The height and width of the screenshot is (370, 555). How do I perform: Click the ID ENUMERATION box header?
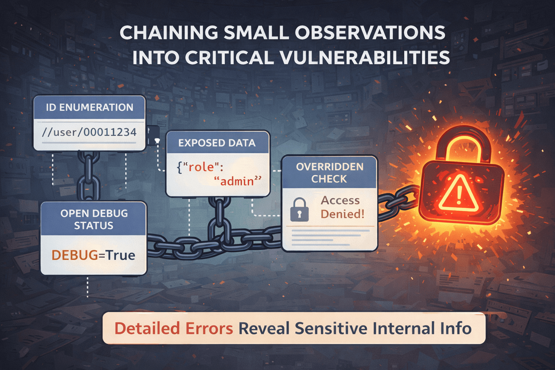[x=89, y=107]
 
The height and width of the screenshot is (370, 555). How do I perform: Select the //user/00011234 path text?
[x=89, y=132]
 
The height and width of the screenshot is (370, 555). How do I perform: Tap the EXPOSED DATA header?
[x=217, y=143]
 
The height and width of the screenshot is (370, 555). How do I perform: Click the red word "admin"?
[x=237, y=181]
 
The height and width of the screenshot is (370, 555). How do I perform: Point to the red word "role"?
[x=202, y=167]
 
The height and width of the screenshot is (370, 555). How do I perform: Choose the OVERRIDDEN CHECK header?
[x=330, y=173]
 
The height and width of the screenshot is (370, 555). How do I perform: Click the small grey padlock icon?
[x=300, y=210]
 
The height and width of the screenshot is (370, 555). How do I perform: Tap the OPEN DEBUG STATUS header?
[x=94, y=219]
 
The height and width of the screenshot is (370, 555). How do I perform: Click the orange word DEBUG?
[x=75, y=255]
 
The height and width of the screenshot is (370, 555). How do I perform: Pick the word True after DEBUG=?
[x=121, y=255]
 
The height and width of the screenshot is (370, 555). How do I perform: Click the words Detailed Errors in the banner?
[x=173, y=328]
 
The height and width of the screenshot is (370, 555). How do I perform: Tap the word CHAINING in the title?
[x=169, y=33]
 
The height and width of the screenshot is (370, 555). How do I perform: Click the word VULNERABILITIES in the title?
[x=362, y=58]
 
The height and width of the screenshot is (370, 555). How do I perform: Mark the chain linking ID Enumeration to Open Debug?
[x=88, y=176]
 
